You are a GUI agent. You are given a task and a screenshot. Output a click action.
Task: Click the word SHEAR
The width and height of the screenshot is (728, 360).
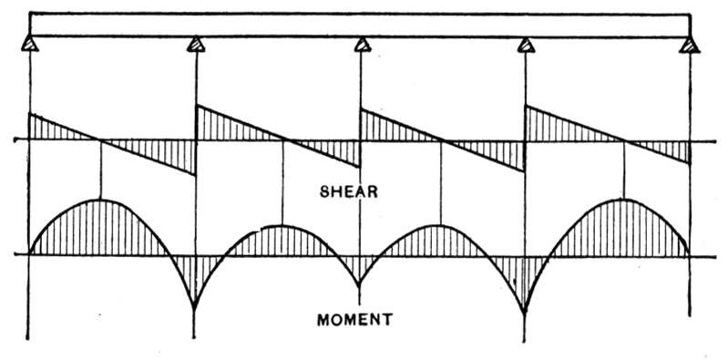[348, 191]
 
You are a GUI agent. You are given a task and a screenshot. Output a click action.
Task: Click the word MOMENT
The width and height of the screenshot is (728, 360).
[354, 320]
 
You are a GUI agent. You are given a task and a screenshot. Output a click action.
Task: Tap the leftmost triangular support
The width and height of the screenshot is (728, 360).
[29, 44]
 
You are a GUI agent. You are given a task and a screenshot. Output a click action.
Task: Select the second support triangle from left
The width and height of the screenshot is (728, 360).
[196, 45]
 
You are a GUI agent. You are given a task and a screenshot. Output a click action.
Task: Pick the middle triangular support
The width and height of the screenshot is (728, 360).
[362, 45]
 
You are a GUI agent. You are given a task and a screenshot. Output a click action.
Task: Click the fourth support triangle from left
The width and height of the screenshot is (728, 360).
[526, 45]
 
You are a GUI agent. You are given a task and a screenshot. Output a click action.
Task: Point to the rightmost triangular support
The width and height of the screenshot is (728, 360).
[690, 45]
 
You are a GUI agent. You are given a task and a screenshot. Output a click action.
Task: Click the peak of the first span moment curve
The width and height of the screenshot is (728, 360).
[100, 200]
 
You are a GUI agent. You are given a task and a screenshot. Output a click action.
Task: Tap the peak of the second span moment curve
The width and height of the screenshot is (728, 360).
[282, 226]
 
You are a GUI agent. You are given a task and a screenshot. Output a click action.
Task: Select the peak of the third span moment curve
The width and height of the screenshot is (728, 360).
[440, 225]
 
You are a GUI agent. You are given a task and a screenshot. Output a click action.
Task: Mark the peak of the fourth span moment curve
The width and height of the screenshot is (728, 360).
[624, 199]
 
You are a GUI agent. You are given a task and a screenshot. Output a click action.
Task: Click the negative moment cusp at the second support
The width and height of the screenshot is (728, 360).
[195, 307]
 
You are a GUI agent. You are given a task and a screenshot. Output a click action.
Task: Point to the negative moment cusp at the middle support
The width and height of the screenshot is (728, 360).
[360, 283]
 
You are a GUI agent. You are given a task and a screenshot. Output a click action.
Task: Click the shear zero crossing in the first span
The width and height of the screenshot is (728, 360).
[100, 139]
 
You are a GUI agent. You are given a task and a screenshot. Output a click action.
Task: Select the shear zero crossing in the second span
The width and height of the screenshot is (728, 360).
[286, 139]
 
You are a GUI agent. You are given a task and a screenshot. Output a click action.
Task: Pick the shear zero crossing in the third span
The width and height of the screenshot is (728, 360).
[444, 140]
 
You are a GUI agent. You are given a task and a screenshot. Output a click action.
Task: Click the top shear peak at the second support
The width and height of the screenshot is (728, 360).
[197, 106]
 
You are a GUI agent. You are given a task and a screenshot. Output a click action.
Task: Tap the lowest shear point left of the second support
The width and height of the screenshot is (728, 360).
[195, 175]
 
